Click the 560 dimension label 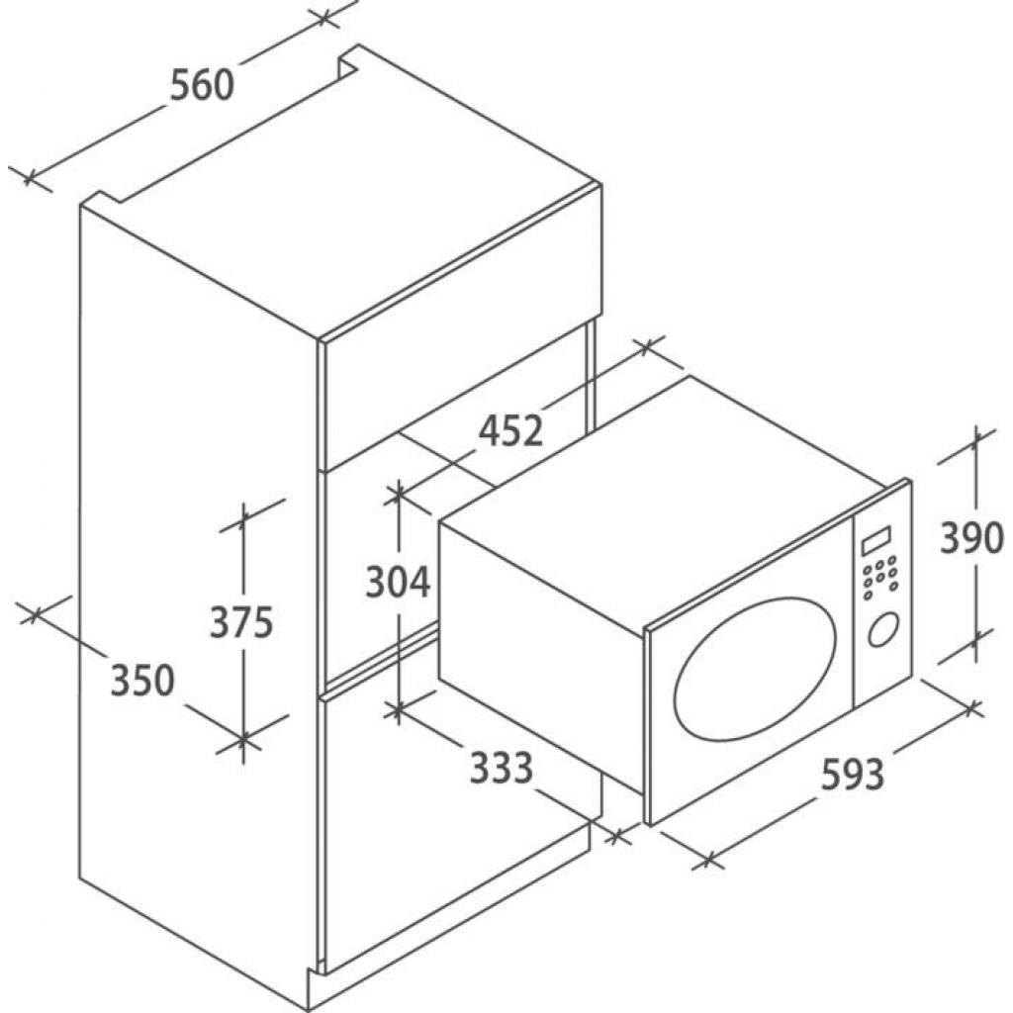click(202, 85)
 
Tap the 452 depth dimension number click(510, 430)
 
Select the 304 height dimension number click(398, 582)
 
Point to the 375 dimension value click(242, 622)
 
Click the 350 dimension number click(142, 680)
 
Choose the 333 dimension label click(502, 768)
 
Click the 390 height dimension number click(971, 537)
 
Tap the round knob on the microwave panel click(883, 628)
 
